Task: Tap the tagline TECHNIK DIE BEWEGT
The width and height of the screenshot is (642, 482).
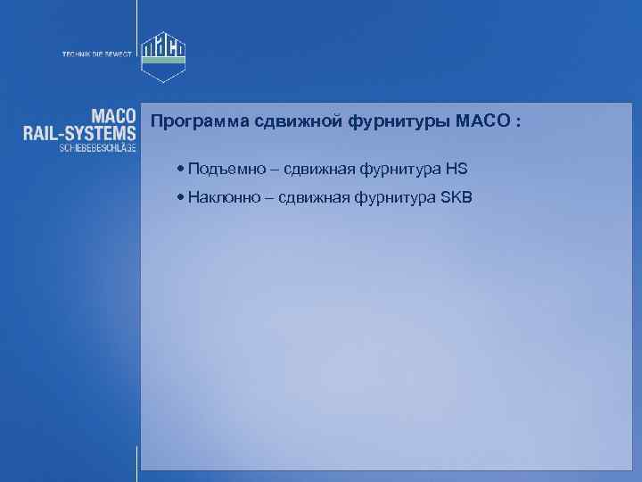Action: click(x=96, y=55)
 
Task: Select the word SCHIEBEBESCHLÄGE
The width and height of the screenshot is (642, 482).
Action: click(x=97, y=149)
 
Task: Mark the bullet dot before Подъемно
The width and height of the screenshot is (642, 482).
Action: click(x=181, y=169)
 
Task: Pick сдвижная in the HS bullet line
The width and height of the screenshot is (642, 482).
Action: click(x=314, y=169)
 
